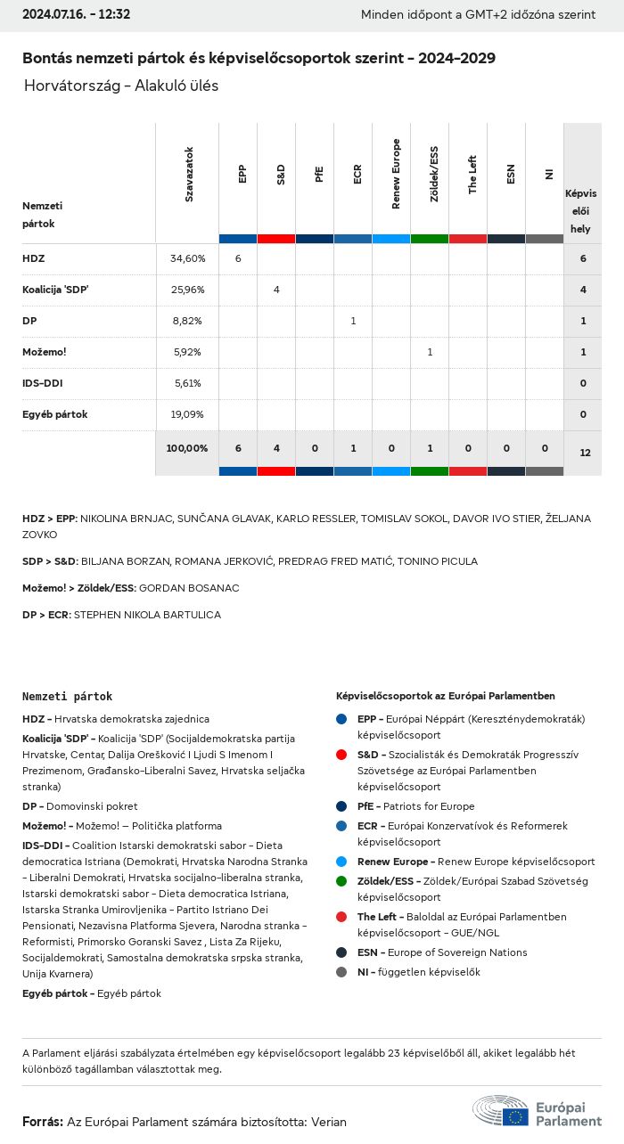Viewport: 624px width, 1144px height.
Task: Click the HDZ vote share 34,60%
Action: pos(187,258)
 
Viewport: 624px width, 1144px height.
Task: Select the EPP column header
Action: pos(242,174)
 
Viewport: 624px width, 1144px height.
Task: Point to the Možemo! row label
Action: pos(45,352)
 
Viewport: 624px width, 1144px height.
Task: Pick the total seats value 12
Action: pos(585,453)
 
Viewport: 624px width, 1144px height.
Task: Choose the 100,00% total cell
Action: pos(187,448)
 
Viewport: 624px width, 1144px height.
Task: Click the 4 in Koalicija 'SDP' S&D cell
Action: pos(276,290)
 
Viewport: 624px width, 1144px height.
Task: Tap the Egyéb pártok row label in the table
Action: pos(55,414)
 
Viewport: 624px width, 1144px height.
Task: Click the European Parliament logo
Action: pos(538,1112)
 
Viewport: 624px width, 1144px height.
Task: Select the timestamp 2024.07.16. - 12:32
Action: pos(76,14)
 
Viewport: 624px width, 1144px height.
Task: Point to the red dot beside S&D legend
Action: pos(341,755)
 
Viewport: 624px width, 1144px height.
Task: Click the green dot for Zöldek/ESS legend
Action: pos(341,881)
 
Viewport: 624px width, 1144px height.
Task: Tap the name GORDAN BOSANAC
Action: pos(189,588)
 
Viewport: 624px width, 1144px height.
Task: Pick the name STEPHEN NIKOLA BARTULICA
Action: pos(147,615)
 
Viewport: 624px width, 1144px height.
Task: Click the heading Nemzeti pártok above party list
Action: pos(68,696)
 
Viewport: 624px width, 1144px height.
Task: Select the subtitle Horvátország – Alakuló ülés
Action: pos(121,86)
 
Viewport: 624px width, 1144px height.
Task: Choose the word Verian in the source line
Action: pos(328,1122)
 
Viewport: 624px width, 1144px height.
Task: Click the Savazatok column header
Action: pos(189,174)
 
